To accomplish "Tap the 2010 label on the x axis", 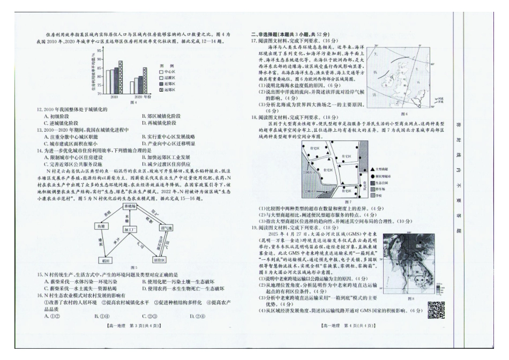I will pyautogui.click(x=114, y=97).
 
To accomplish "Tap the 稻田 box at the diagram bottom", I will pyautogui.click(x=106, y=261).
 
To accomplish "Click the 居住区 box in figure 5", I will pyautogui.click(x=159, y=261).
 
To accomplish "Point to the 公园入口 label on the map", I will pyautogui.click(x=309, y=190).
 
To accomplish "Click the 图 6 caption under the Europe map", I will pyautogui.click(x=403, y=114).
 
